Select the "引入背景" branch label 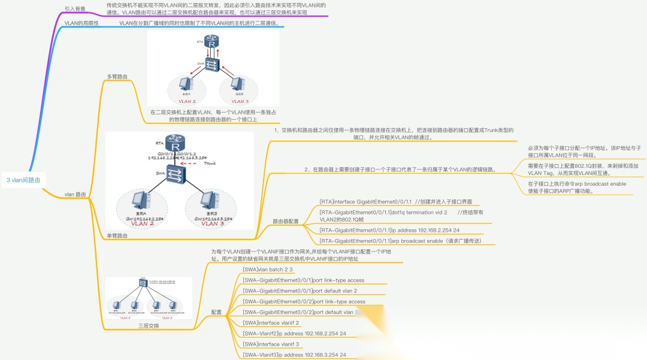pyautogui.click(x=75, y=9)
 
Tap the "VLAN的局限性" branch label pyautogui.click(x=80, y=23)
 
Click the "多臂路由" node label pyautogui.click(x=117, y=77)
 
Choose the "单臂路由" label pyautogui.click(x=117, y=235)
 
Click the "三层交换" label pyautogui.click(x=149, y=326)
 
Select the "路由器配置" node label pyautogui.click(x=286, y=221)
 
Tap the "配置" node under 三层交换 pyautogui.click(x=217, y=312)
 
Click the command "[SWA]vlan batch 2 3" pyautogui.click(x=267, y=270)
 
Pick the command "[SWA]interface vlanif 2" pyautogui.click(x=271, y=322)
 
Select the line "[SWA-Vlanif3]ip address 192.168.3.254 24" pyautogui.click(x=294, y=355)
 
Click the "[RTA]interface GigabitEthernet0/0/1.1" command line pyautogui.click(x=366, y=202)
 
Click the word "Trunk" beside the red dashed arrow pyautogui.click(x=210, y=164)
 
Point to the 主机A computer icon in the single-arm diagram pyautogui.click(x=140, y=199)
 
